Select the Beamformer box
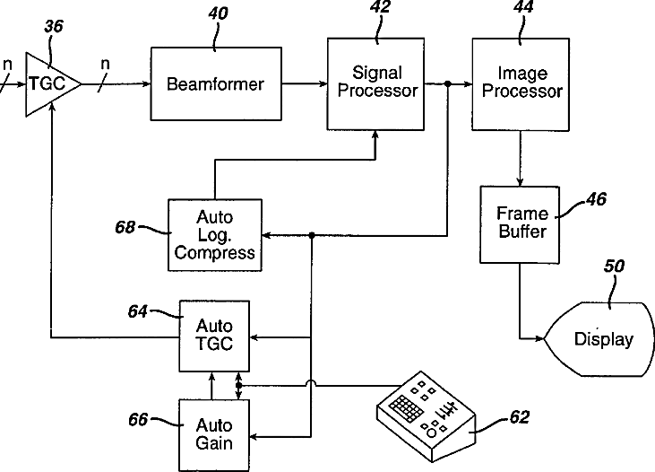point(215,84)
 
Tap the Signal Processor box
point(373,82)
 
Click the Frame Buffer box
point(519,223)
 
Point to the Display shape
point(600,339)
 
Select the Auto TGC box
point(214,336)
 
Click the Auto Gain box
point(214,434)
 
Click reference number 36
point(54,28)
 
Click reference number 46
point(595,199)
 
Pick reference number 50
point(614,266)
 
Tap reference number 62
point(519,416)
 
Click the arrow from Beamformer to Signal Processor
point(304,84)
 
